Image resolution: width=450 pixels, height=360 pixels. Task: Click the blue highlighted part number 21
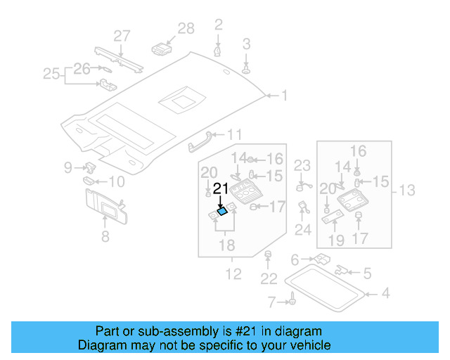(x=223, y=210)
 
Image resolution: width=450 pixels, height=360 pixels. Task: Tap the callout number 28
(x=186, y=29)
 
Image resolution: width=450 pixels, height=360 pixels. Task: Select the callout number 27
(x=122, y=36)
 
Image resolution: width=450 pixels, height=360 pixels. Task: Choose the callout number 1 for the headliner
(x=285, y=95)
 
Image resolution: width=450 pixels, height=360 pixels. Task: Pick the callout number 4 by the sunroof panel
(x=385, y=292)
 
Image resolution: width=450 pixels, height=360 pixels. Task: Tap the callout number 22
(x=269, y=279)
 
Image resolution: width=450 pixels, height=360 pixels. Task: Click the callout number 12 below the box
(x=232, y=274)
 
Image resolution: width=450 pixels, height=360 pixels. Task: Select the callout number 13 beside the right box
(x=407, y=190)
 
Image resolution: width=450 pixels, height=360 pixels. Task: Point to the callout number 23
(x=302, y=166)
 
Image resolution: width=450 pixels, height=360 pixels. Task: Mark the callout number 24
(x=302, y=229)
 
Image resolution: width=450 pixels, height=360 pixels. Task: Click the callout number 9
(x=68, y=167)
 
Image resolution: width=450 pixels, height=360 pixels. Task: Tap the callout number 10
(x=115, y=182)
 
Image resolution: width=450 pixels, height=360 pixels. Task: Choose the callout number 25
(x=51, y=72)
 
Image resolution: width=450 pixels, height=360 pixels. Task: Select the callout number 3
(x=247, y=44)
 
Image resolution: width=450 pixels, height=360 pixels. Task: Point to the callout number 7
(x=272, y=302)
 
